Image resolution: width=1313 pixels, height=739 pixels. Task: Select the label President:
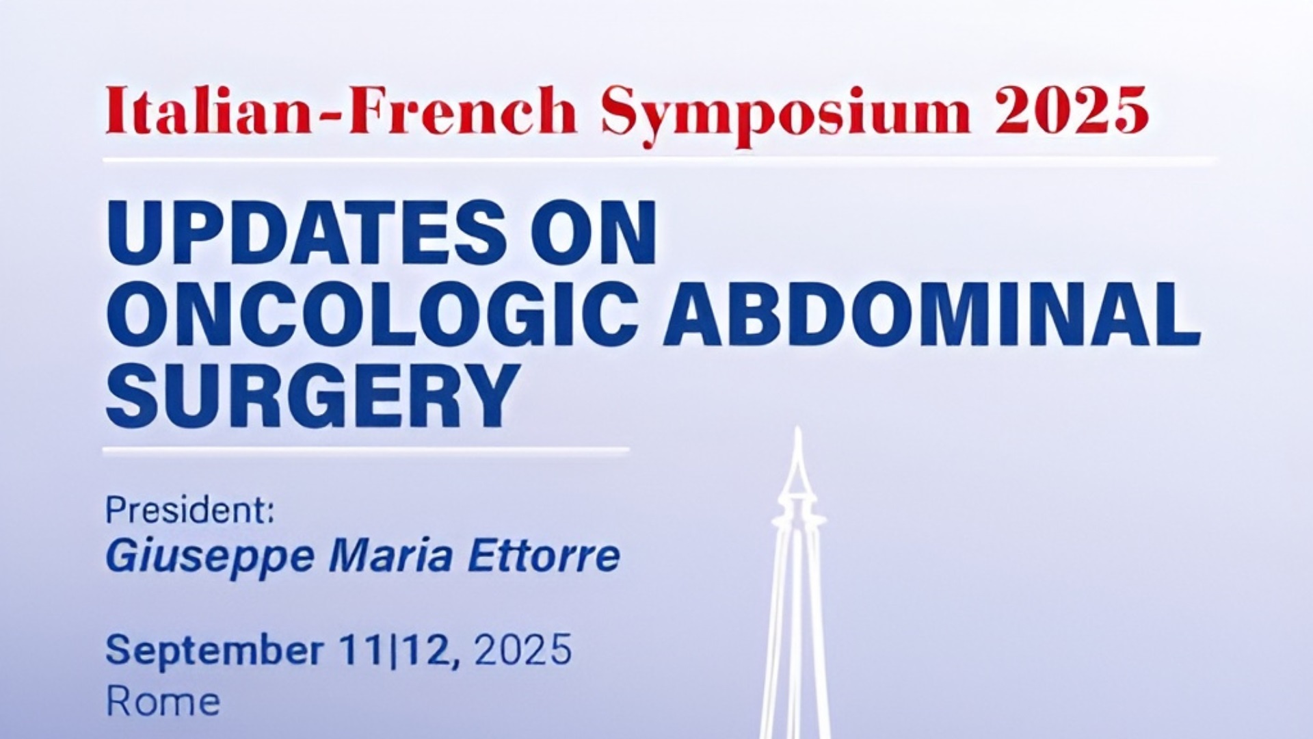tap(189, 511)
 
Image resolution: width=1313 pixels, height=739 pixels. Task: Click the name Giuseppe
tap(210, 557)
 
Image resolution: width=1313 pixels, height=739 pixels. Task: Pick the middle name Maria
tap(390, 556)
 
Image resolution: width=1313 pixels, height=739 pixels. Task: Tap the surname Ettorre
tap(544, 556)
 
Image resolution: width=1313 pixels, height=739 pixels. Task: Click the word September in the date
tap(213, 650)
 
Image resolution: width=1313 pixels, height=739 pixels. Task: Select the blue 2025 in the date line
tap(522, 650)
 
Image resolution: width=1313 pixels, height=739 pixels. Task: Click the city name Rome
tap(163, 702)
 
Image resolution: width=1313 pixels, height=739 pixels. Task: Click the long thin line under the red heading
tap(659, 161)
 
